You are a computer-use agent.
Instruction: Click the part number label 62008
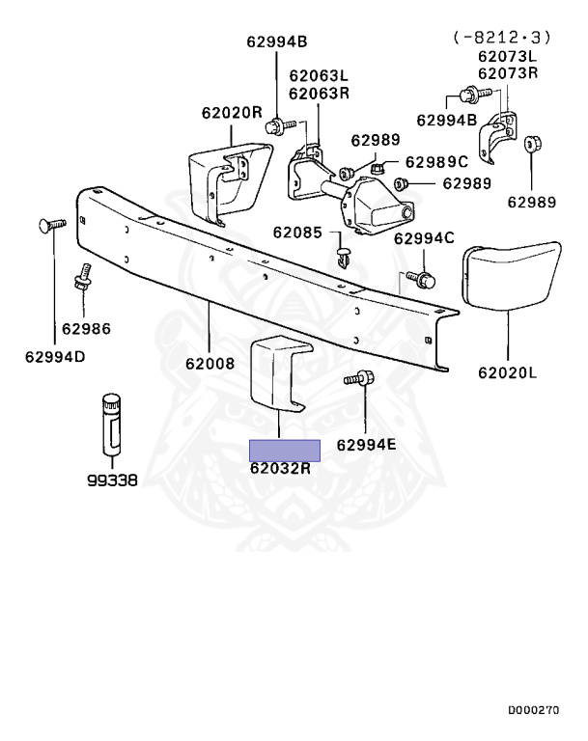pyautogui.click(x=210, y=364)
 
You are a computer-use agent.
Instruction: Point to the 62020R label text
pyautogui.click(x=232, y=112)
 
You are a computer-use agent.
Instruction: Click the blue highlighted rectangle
pyautogui.click(x=285, y=450)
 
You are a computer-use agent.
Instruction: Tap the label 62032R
pyautogui.click(x=280, y=470)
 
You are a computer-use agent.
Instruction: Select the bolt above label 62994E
pyautogui.click(x=360, y=380)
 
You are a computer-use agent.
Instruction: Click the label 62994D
pyautogui.click(x=55, y=358)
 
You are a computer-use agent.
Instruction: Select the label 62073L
pyautogui.click(x=505, y=57)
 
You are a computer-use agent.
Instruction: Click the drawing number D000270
pyautogui.click(x=533, y=709)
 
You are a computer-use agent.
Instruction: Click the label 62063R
pyautogui.click(x=318, y=93)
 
